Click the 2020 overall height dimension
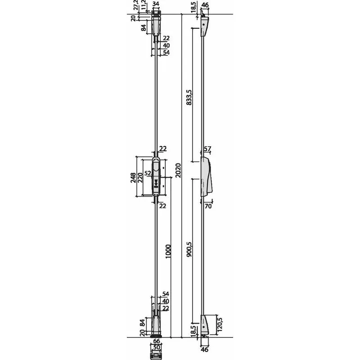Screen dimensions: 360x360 (x=178, y=170)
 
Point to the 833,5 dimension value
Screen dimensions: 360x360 (x=189, y=97)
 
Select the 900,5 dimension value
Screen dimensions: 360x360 (x=189, y=249)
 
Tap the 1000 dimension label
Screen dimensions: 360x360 (x=168, y=252)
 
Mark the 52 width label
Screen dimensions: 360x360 (x=148, y=173)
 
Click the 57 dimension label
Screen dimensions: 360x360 (x=207, y=149)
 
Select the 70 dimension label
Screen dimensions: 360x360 (x=208, y=206)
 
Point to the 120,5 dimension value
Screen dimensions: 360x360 (x=220, y=324)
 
